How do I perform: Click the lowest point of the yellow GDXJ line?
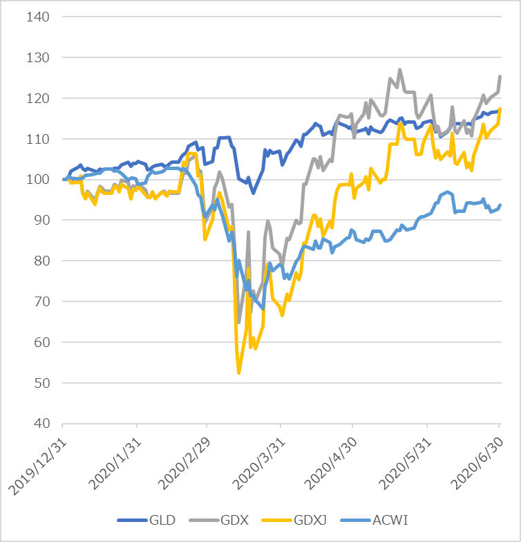[239, 373]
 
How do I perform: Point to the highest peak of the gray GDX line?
[399, 70]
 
